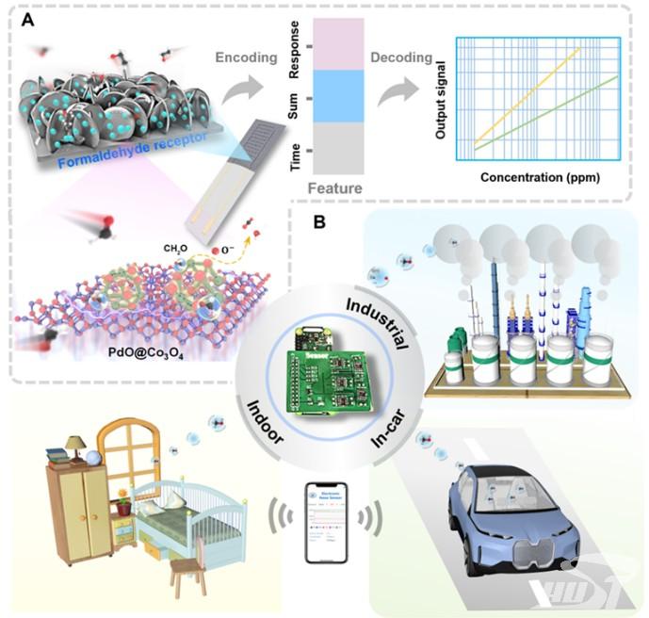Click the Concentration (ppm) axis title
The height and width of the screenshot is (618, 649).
tap(540, 176)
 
